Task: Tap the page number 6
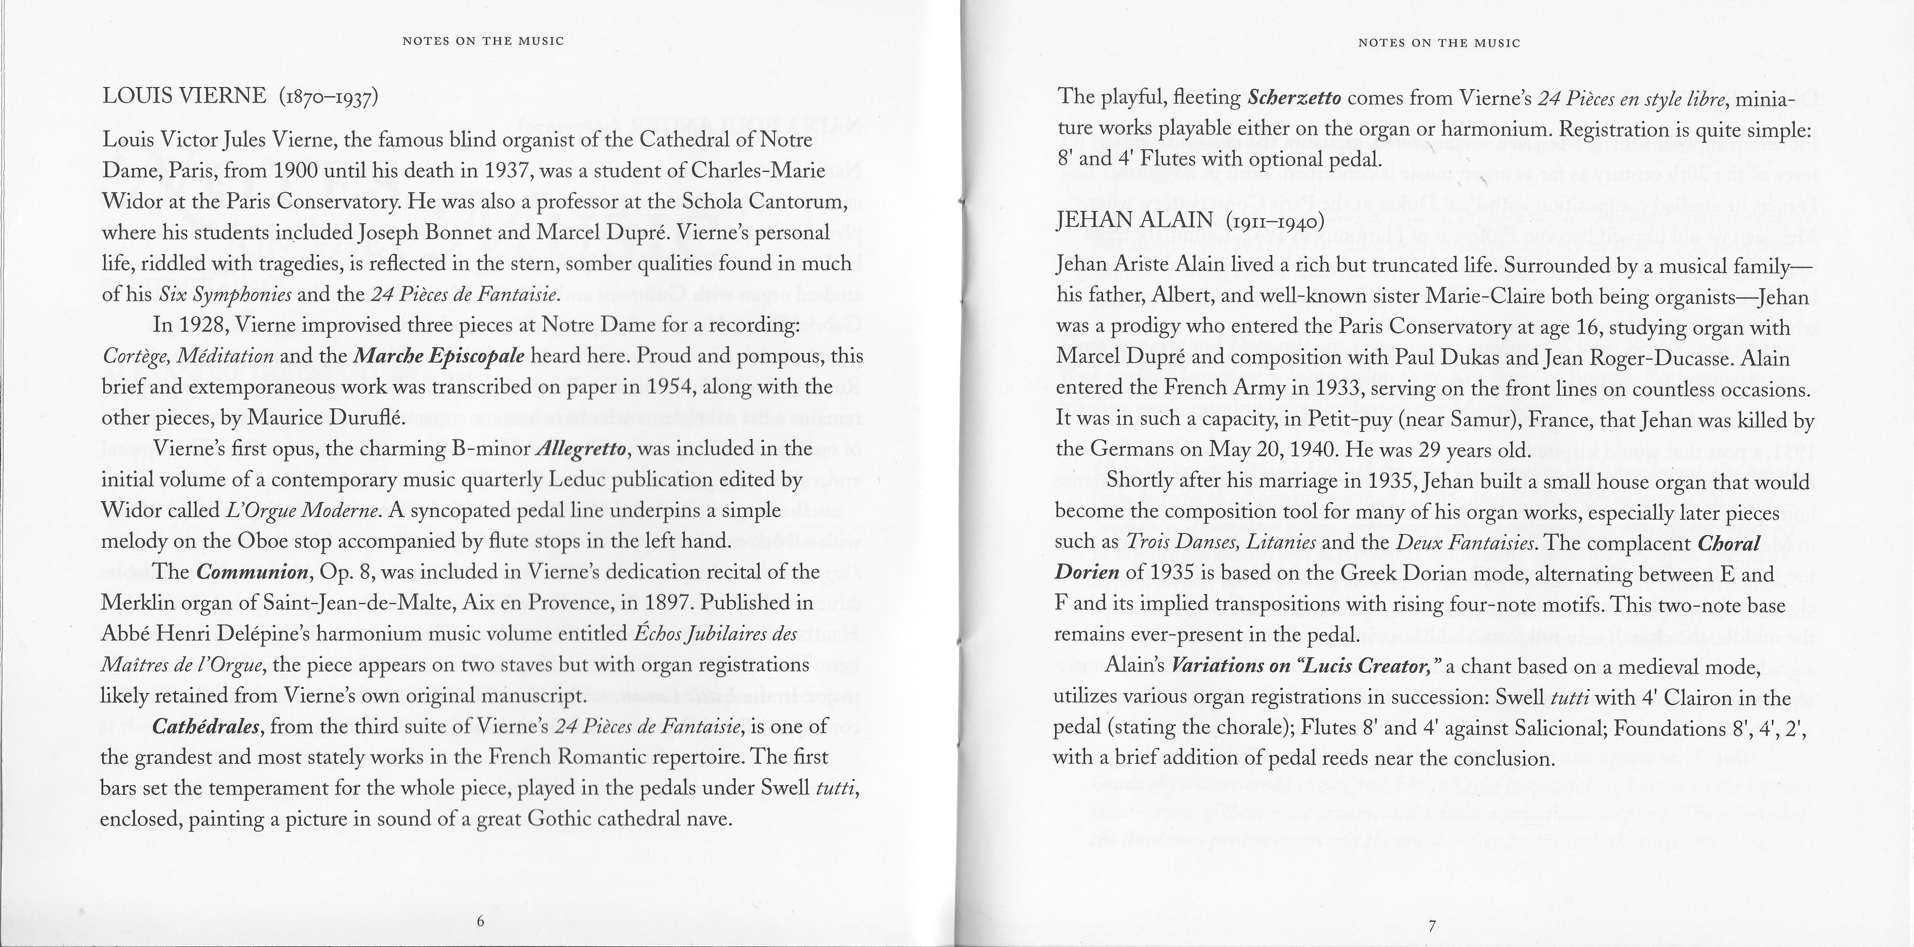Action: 480,921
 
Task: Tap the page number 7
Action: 1432,925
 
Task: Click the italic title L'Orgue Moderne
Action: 302,511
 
